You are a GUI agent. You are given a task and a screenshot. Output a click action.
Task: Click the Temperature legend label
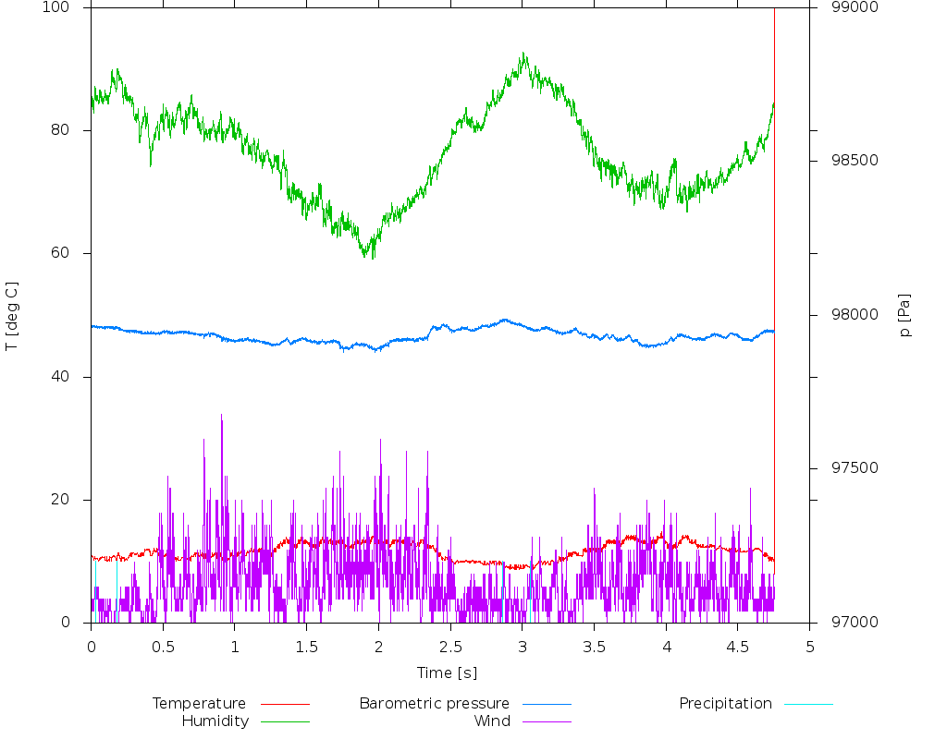pos(199,704)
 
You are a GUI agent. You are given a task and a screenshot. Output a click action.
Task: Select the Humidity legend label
pos(215,721)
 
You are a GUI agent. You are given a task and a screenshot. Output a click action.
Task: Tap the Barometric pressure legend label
pos(434,704)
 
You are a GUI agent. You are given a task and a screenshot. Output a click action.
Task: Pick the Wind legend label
pos(491,721)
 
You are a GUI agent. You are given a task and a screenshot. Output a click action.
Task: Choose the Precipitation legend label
pos(725,704)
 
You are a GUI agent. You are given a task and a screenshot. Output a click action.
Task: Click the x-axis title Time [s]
pos(447,673)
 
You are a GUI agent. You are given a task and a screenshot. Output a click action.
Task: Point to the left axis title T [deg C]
pos(12,316)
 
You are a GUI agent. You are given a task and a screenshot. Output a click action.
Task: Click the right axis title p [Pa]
pos(905,316)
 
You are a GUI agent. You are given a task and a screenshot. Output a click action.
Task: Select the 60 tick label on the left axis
pos(72,254)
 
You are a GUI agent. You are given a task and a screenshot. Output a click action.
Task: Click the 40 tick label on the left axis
pos(72,377)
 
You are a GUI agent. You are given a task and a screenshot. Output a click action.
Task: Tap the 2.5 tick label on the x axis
pos(450,648)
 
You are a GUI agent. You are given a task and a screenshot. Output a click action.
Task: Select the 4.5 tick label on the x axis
pos(737,648)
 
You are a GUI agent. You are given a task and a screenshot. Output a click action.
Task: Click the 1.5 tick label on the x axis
pos(306,648)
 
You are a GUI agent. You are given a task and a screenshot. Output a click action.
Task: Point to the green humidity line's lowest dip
pos(371,258)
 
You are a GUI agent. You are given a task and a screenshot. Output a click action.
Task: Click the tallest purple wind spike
pos(221,416)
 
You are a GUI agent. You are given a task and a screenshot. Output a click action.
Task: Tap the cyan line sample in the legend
pos(808,704)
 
